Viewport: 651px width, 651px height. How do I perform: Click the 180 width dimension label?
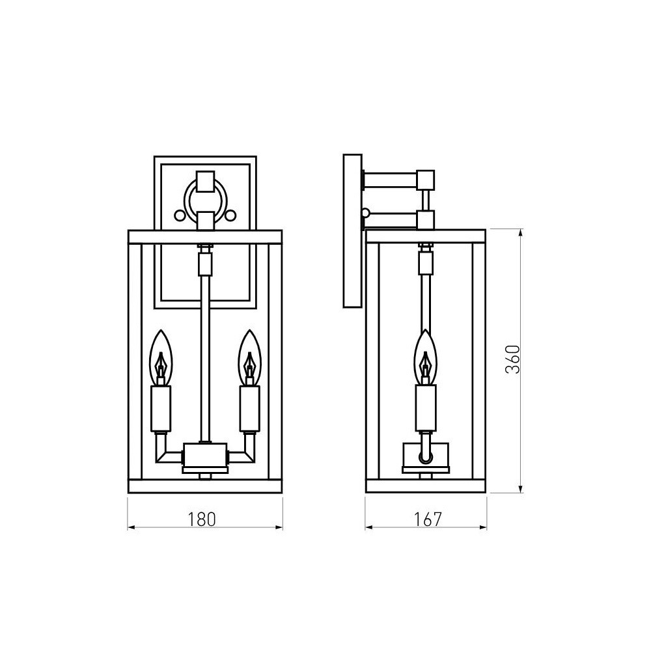202,519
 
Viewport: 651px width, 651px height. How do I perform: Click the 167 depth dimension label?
428,519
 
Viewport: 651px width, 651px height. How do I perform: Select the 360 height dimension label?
513,359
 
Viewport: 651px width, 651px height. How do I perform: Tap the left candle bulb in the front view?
161,357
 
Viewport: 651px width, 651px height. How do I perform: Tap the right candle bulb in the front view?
249,357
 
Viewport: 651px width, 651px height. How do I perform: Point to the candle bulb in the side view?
426,357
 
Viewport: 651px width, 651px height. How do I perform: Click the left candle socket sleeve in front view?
161,409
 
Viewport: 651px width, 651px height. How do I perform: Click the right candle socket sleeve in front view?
249,409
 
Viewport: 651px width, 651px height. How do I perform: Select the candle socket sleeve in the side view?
426,408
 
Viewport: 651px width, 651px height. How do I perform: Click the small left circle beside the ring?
180,215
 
